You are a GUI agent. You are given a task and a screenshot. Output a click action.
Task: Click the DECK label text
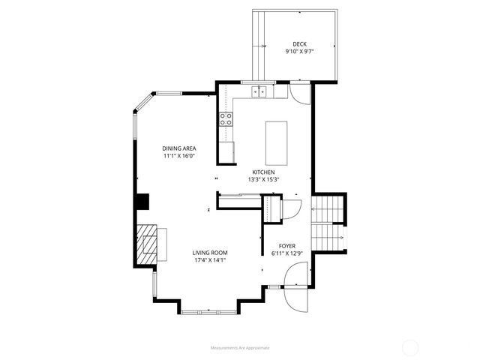(299, 43)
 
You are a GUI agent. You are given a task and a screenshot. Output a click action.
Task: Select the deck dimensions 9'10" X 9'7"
(299, 52)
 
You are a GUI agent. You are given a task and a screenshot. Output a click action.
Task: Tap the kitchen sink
(259, 93)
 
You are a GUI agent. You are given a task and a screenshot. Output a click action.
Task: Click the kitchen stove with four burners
(225, 118)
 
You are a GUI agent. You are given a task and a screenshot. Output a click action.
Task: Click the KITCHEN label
(262, 172)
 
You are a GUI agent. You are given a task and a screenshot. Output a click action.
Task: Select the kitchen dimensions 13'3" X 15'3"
(262, 179)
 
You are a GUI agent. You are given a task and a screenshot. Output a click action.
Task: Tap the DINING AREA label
(178, 148)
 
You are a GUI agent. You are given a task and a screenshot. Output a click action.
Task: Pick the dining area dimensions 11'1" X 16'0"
(178, 156)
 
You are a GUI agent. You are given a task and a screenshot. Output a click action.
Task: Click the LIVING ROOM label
(210, 252)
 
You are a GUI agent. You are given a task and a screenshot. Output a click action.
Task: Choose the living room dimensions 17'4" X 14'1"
(210, 260)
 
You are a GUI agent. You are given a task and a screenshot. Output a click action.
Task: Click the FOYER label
(286, 245)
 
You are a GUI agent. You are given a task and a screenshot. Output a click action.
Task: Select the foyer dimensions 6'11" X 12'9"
(286, 253)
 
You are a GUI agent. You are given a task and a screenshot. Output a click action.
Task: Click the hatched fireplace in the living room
(149, 244)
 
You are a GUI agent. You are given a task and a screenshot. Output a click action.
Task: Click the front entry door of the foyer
(298, 300)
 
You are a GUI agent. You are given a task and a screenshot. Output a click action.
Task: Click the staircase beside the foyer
(328, 223)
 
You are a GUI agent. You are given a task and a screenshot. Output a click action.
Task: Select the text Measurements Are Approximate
(239, 348)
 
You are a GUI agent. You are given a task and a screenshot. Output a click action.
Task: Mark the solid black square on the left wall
(142, 201)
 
